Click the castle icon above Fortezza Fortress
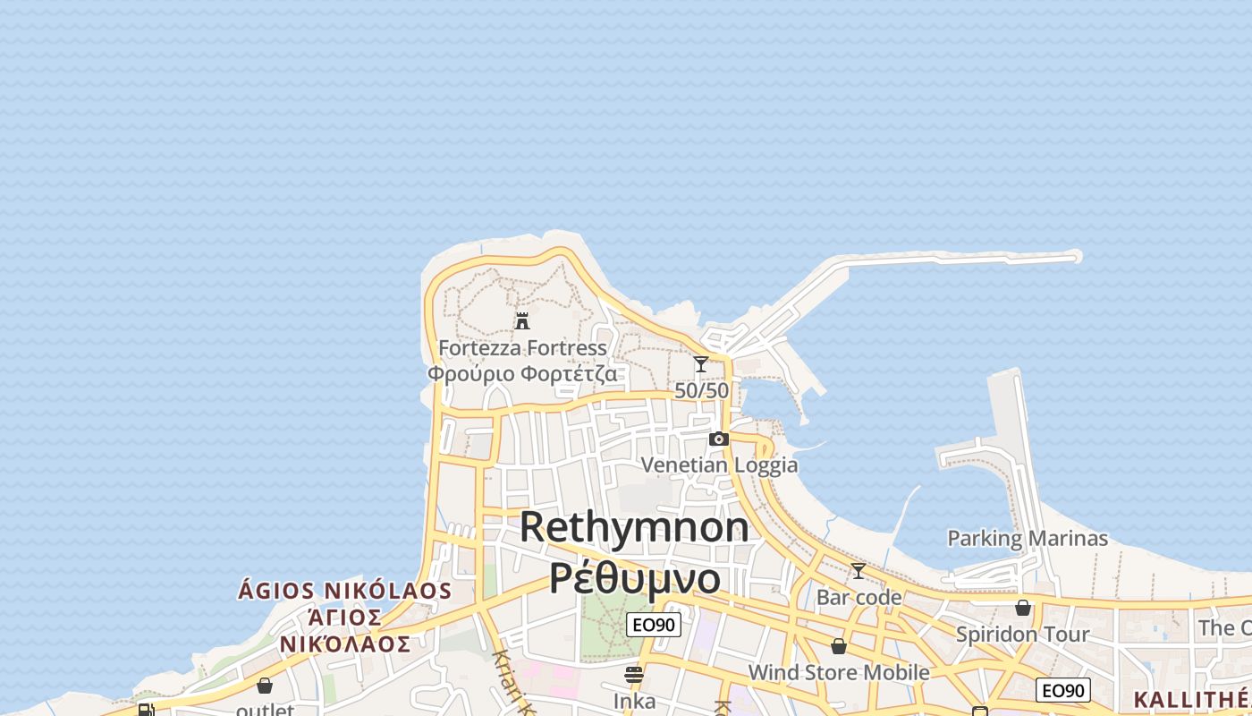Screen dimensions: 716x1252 522,320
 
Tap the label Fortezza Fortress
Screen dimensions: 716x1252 522,347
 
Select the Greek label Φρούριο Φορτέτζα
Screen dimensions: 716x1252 522,372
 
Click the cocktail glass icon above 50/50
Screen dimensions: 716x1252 701,364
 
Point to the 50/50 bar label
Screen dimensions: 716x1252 701,391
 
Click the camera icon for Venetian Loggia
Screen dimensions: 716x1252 718,439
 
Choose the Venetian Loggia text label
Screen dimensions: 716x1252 719,465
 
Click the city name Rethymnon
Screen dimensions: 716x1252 634,526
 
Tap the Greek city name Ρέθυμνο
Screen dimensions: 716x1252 634,578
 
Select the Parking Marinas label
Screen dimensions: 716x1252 1027,538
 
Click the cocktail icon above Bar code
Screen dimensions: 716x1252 859,570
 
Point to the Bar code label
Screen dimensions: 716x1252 859,597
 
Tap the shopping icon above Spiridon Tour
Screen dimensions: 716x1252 1023,608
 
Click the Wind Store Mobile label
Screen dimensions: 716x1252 838,672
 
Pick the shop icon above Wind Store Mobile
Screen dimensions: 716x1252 838,645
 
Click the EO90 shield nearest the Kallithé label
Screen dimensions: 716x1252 1062,690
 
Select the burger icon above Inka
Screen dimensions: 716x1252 634,674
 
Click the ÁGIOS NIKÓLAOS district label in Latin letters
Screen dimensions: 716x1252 345,591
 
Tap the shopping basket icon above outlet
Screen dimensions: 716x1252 265,686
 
